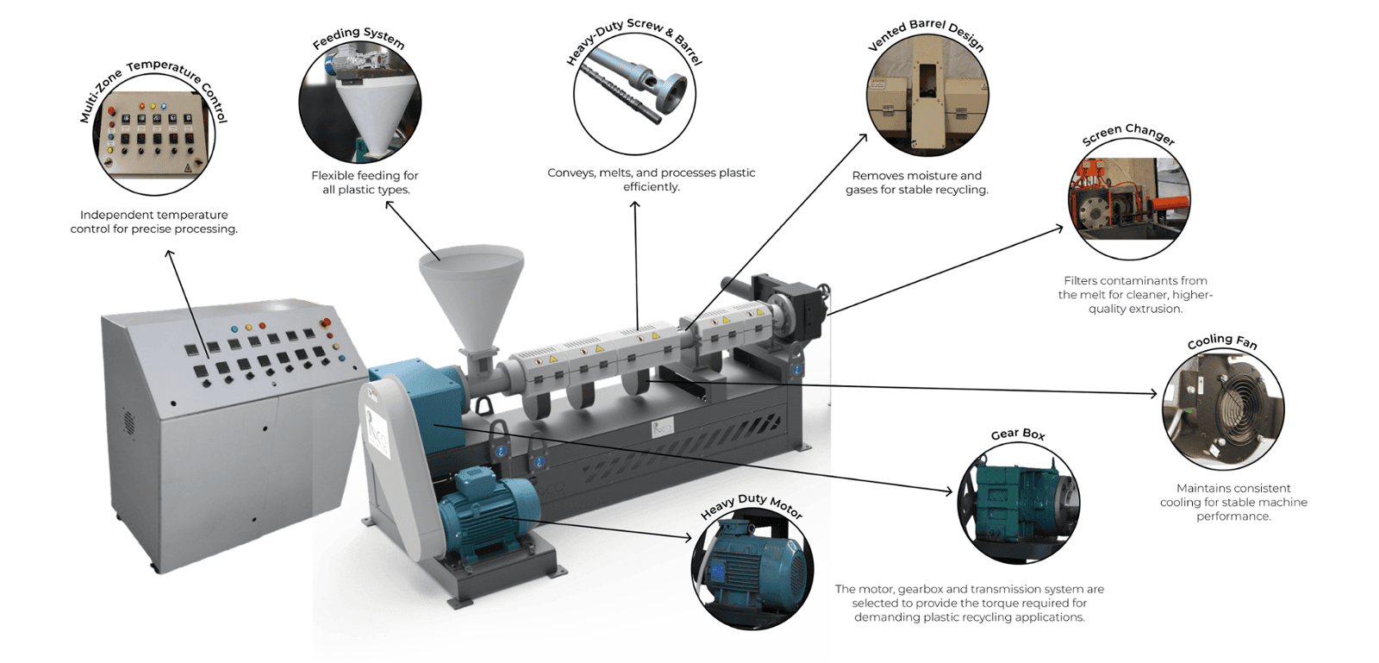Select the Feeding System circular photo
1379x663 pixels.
(360, 103)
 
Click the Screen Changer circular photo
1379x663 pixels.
(1129, 199)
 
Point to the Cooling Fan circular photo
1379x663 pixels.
(1223, 410)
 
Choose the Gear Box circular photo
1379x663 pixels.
(1020, 503)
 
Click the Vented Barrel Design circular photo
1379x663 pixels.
(927, 96)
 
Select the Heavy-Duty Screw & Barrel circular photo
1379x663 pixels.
(634, 94)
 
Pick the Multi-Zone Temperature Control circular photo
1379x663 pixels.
(154, 134)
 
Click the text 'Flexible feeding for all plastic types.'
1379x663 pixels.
(365, 183)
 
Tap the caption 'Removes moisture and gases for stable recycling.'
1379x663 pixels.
(917, 183)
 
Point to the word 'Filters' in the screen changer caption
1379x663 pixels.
(1083, 281)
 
